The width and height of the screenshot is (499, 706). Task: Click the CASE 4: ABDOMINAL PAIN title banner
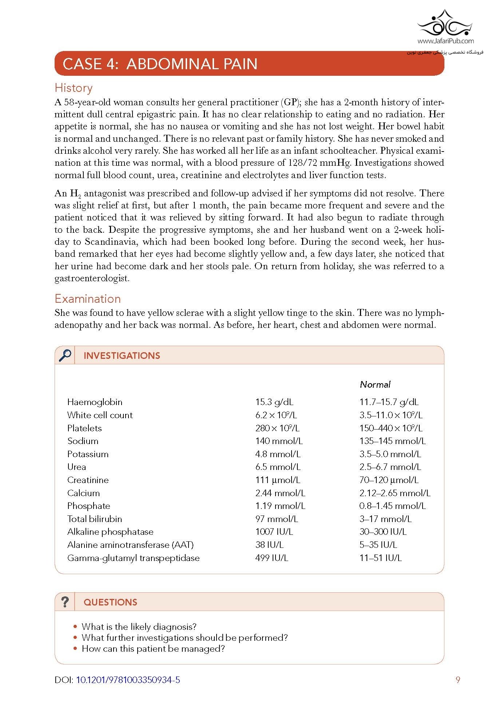(x=249, y=64)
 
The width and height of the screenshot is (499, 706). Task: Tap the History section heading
(x=74, y=88)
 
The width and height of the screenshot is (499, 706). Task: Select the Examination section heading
(x=87, y=299)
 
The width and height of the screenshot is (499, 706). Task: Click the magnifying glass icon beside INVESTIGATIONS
(x=65, y=355)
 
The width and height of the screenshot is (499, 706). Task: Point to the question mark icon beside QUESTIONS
(x=65, y=602)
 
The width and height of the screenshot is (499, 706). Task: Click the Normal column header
(x=375, y=384)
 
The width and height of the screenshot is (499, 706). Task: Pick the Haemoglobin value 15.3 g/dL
(x=274, y=402)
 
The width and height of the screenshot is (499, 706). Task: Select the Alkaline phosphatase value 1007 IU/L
(x=274, y=532)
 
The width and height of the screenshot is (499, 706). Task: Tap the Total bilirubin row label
(x=94, y=519)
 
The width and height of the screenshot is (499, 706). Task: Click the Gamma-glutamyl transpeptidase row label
(x=133, y=558)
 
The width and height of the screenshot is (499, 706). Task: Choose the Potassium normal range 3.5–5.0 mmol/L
(x=390, y=454)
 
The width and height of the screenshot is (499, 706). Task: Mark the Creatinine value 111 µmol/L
(x=277, y=480)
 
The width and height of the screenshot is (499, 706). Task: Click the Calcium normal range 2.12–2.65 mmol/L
(x=395, y=493)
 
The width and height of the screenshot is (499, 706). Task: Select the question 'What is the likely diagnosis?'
(x=139, y=627)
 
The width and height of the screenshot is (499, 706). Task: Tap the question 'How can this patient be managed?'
(x=153, y=648)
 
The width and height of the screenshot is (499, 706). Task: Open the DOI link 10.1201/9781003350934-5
(x=128, y=680)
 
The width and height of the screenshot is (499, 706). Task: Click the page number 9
(x=458, y=680)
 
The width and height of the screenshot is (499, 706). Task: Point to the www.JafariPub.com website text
(x=445, y=41)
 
